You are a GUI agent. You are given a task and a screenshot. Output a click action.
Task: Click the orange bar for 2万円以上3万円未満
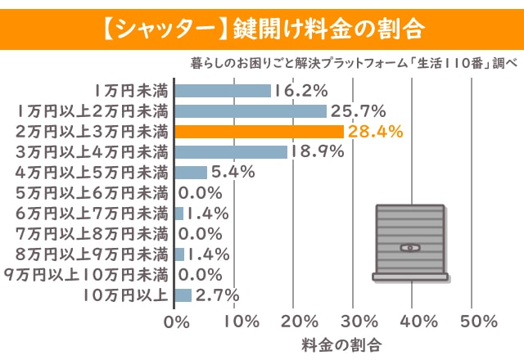pyautogui.click(x=259, y=131)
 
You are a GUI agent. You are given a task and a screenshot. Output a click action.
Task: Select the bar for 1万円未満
pyautogui.click(x=223, y=90)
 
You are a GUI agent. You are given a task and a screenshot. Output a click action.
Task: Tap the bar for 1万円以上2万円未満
pyautogui.click(x=251, y=110)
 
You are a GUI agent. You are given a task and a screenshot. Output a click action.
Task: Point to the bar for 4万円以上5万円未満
pyautogui.click(x=192, y=172)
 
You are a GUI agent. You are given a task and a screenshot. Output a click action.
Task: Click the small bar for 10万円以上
pyautogui.click(x=183, y=295)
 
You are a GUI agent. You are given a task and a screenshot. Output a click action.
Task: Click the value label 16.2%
pyautogui.click(x=300, y=90)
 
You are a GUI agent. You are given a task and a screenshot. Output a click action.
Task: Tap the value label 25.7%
pyautogui.click(x=357, y=110)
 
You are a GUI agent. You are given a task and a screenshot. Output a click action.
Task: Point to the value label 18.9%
pyautogui.click(x=318, y=151)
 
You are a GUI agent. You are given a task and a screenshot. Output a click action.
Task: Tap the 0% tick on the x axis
pyautogui.click(x=177, y=320)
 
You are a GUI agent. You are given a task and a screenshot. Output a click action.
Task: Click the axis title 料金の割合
pyautogui.click(x=341, y=342)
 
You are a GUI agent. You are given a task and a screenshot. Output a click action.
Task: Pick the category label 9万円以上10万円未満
pyautogui.click(x=86, y=274)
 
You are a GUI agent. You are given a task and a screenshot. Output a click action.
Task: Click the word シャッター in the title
pyautogui.click(x=156, y=28)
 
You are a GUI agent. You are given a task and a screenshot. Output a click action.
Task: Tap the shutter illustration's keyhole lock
pyautogui.click(x=409, y=247)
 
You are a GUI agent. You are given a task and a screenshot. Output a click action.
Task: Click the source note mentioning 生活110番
pyautogui.click(x=353, y=63)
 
